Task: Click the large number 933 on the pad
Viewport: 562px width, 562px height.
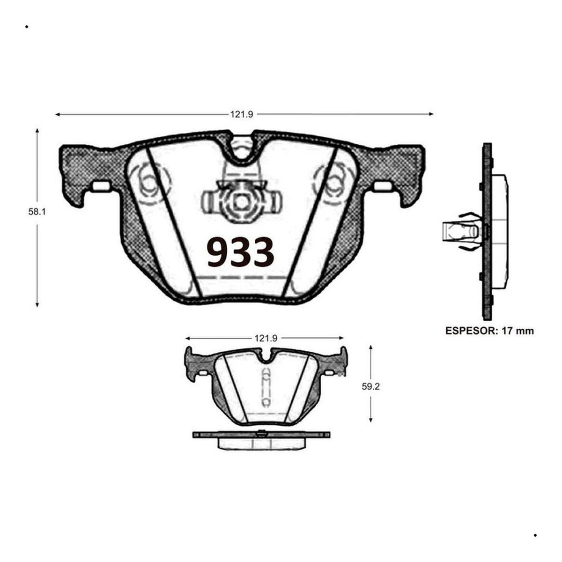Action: click(240, 252)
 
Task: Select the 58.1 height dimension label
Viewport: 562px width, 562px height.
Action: click(37, 212)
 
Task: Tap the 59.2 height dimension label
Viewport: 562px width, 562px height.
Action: click(370, 387)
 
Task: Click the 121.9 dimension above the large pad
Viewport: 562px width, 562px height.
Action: click(242, 115)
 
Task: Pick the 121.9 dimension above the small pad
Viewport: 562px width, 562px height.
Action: click(266, 338)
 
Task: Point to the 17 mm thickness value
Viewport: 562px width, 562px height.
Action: click(518, 331)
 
